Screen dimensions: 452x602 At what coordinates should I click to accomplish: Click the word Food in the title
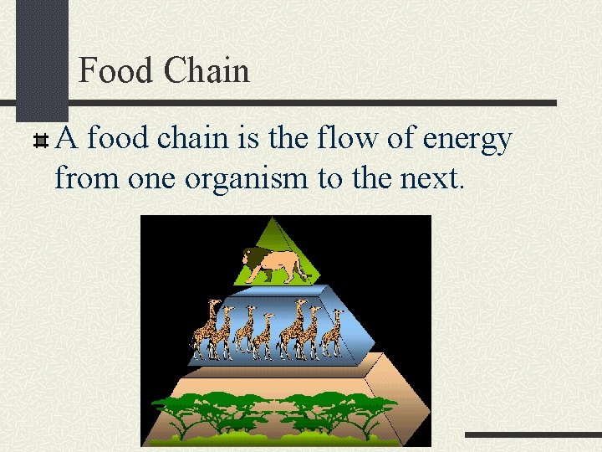115,70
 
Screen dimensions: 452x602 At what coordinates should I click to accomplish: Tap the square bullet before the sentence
39,140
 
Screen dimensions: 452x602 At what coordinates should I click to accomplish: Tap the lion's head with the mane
252,260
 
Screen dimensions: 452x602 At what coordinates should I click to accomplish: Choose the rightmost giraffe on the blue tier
334,331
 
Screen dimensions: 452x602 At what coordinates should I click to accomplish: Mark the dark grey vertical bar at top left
43,59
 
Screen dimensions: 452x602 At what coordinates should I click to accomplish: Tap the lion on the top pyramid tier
274,264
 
